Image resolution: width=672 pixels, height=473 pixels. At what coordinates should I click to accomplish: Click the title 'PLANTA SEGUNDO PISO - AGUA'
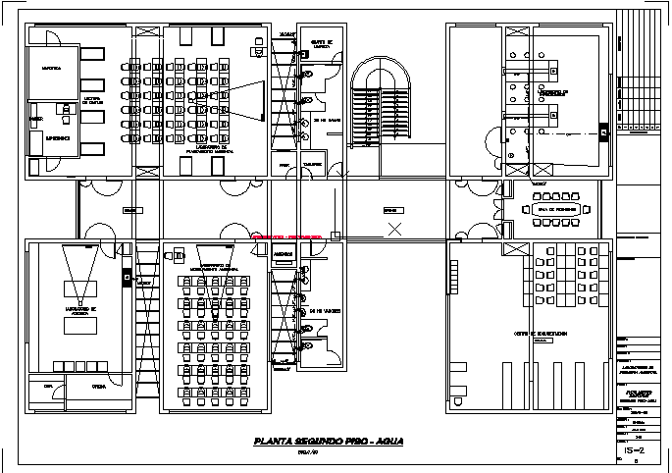point(328,441)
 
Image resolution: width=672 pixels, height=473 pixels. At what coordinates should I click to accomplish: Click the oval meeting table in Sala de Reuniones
point(553,210)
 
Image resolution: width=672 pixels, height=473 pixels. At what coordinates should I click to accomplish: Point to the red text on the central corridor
point(287,237)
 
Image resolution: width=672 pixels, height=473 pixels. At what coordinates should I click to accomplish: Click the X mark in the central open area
point(394,230)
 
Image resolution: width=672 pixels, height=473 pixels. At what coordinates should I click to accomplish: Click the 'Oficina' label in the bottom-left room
point(99,388)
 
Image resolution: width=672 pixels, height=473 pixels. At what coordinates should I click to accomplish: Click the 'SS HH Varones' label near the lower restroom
point(325,311)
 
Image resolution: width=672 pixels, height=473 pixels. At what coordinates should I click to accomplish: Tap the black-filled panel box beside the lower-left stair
point(128,278)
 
